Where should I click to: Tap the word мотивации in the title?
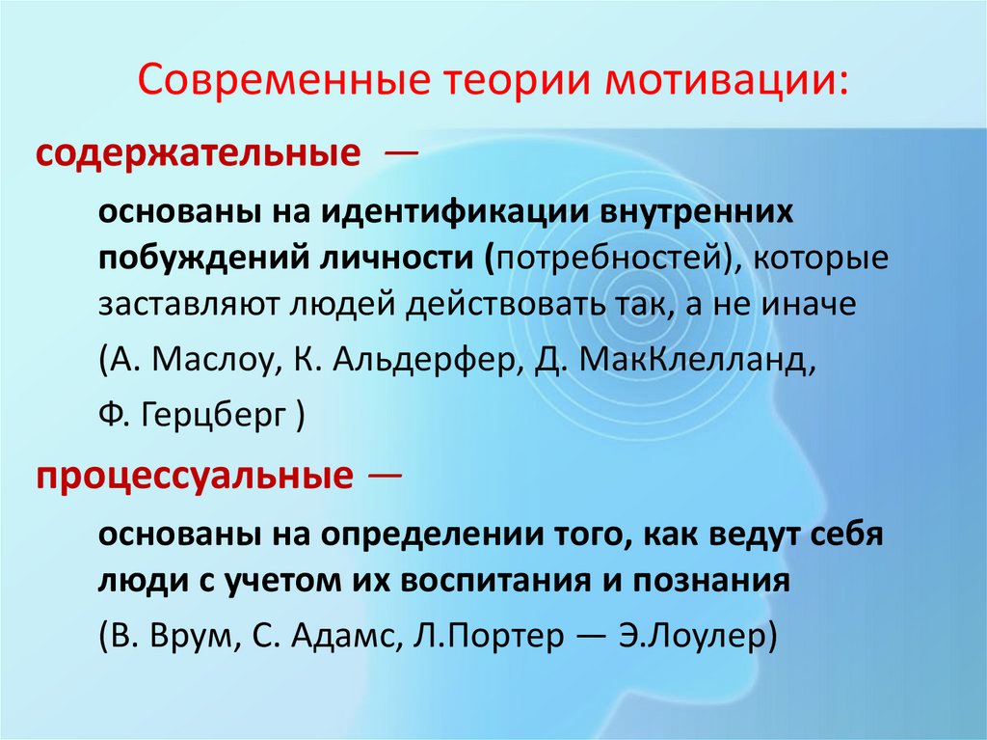coord(727,82)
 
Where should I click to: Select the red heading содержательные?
coord(194,155)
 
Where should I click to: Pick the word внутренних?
coord(709,213)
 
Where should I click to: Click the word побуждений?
coord(197,259)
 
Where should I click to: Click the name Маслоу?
coord(206,361)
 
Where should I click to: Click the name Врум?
coord(184,638)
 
